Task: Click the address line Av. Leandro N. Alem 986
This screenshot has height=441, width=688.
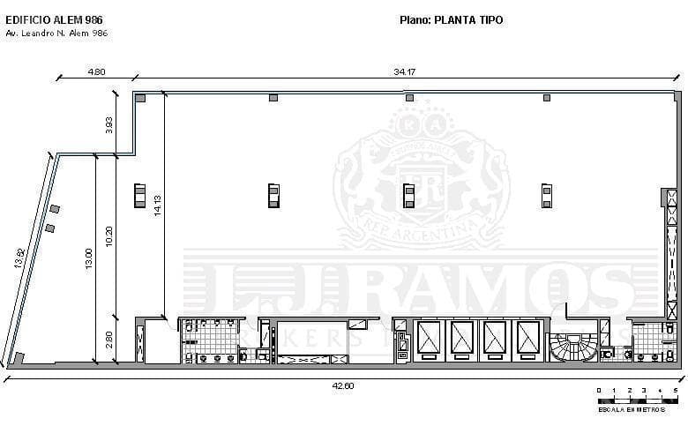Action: [x=56, y=33]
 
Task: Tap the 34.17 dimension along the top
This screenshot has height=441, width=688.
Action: [x=405, y=72]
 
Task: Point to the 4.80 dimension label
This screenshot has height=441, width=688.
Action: [x=96, y=72]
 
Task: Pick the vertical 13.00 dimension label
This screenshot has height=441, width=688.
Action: [x=88, y=258]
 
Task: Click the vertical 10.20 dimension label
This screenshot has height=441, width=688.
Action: [x=109, y=236]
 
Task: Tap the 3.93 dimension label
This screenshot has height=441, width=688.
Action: [x=109, y=125]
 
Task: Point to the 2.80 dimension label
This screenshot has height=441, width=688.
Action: [x=109, y=339]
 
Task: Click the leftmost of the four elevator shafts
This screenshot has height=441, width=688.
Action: [x=430, y=339]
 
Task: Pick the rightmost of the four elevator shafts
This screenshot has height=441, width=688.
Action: [x=528, y=339]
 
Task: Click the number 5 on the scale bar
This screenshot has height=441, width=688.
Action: [x=675, y=390]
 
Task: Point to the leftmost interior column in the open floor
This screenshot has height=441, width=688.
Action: [x=139, y=194]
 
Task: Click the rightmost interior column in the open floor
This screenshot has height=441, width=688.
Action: [x=547, y=194]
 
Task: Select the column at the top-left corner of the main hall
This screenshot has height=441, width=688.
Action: [x=140, y=98]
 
